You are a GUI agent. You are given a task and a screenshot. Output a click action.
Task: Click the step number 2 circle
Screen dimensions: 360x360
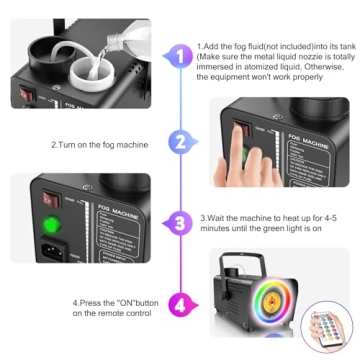[180, 143]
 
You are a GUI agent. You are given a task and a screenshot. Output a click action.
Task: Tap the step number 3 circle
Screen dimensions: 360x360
[180, 221]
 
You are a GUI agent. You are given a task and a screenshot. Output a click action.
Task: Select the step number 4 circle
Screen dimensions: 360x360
[180, 302]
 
